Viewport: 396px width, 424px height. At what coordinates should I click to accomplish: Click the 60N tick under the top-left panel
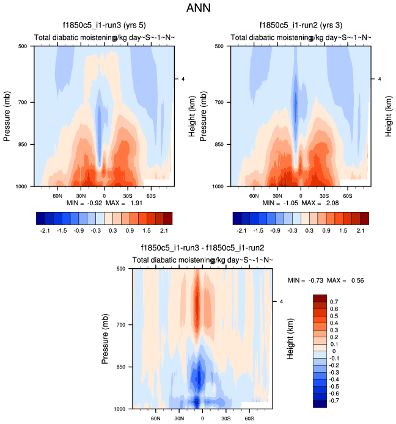(x=57, y=197)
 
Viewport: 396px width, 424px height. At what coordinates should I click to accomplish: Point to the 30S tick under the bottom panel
(x=226, y=420)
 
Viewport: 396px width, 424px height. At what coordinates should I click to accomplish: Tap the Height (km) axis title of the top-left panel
(x=191, y=115)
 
